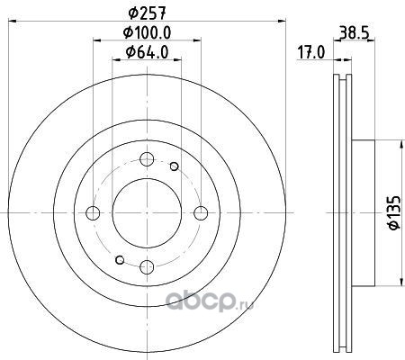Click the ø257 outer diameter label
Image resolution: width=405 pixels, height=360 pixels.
coord(147,13)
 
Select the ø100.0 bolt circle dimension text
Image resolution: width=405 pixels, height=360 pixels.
coord(147,32)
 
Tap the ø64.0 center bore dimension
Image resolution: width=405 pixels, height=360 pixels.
coord(147,52)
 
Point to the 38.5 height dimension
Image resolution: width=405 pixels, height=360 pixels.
coord(354,32)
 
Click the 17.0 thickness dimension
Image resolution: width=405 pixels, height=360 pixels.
coord(311,53)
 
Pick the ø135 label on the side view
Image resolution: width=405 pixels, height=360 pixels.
coord(394,212)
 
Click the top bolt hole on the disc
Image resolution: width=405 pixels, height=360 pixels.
coord(147,159)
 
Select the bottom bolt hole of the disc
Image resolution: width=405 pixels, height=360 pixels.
coord(147,267)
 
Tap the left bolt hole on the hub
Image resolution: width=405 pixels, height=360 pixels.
coord(93,213)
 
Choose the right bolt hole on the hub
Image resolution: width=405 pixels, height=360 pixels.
coord(201,213)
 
